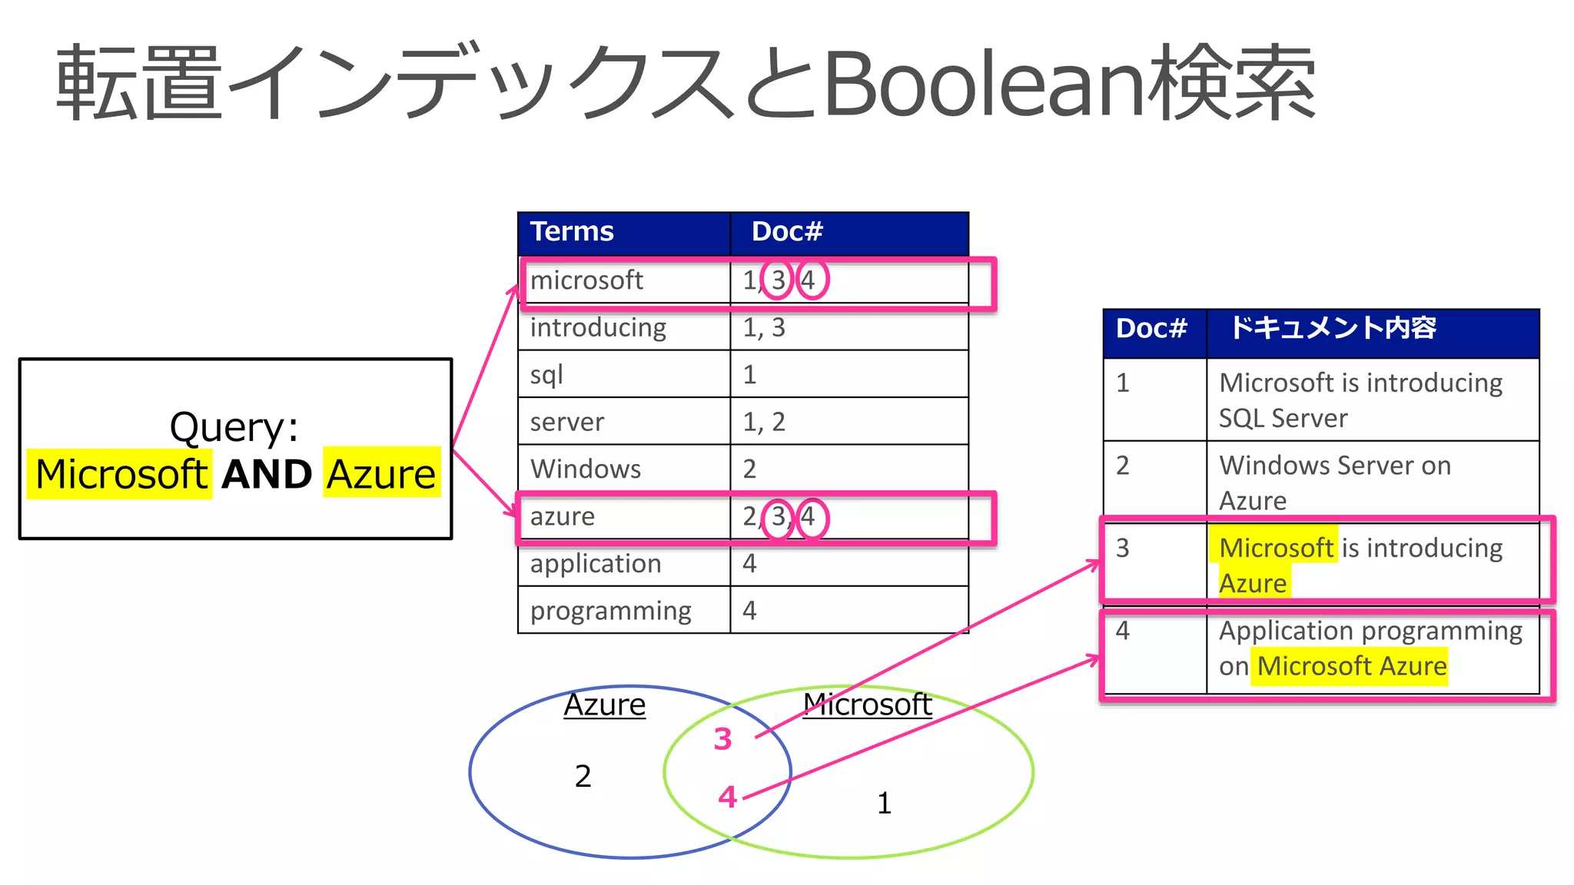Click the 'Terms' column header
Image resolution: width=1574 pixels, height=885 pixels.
[x=572, y=232]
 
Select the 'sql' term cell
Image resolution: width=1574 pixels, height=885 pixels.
[x=546, y=375]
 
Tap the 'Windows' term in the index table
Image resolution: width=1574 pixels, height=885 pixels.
[x=586, y=469]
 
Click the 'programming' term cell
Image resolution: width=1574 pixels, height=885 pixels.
[x=610, y=611]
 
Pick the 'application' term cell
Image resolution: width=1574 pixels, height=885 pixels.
[x=596, y=564]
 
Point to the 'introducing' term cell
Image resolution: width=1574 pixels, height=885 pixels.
[x=598, y=328]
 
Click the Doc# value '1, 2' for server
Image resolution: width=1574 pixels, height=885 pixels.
[x=764, y=422]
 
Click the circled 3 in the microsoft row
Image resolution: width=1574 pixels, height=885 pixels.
[x=778, y=280]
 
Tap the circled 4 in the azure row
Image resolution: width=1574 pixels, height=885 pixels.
[x=811, y=517]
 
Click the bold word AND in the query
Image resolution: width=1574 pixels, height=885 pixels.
[x=267, y=474]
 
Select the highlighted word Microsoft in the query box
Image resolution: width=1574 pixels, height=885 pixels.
[x=121, y=474]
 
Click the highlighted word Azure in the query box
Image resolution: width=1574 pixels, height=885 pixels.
[x=381, y=474]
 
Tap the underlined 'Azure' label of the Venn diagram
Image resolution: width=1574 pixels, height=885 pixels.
[x=605, y=705]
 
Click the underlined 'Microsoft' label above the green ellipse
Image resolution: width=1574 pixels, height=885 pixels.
[x=867, y=704]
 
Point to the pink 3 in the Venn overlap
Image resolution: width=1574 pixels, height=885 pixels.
[x=722, y=739]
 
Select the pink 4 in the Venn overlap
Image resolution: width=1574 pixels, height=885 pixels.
[x=727, y=797]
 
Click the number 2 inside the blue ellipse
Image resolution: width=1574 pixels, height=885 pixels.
[x=583, y=777]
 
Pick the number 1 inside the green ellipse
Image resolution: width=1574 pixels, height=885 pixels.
[x=884, y=804]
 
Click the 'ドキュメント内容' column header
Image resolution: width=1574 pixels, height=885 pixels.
[x=1333, y=329]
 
